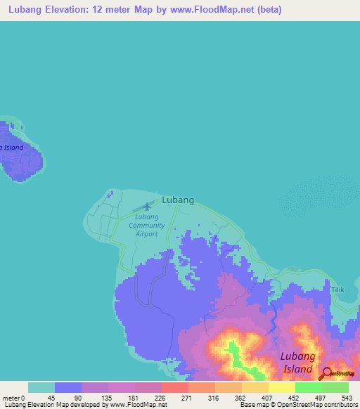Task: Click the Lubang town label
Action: coord(178,200)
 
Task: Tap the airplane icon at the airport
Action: coord(147,206)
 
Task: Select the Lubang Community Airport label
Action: coord(147,226)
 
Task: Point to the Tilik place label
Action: coord(338,289)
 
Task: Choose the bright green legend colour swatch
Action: coord(308,387)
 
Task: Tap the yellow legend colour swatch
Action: coord(281,387)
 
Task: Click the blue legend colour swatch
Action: coord(68,387)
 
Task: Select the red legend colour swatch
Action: coord(174,387)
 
